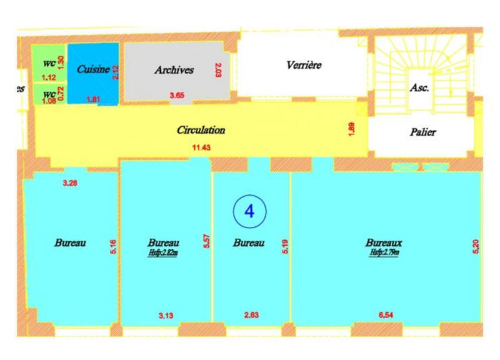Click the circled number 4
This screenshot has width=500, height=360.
[x=249, y=211]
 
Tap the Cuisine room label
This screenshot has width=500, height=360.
[x=94, y=70]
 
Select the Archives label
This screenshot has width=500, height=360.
[x=174, y=71]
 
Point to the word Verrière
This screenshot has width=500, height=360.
[x=304, y=65]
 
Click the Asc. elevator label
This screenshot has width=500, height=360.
[x=419, y=88]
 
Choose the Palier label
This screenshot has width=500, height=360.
[x=423, y=132]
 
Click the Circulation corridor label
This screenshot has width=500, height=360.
[x=201, y=131]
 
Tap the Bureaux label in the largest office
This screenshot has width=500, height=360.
[x=384, y=242]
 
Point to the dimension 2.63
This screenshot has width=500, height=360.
[x=251, y=316]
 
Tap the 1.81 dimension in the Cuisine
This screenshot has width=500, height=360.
[x=94, y=99]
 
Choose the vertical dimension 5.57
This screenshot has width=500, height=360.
[x=206, y=242]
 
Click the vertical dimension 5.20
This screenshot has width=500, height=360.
[x=476, y=246]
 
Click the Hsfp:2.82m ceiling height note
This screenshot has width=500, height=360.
[x=164, y=252]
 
